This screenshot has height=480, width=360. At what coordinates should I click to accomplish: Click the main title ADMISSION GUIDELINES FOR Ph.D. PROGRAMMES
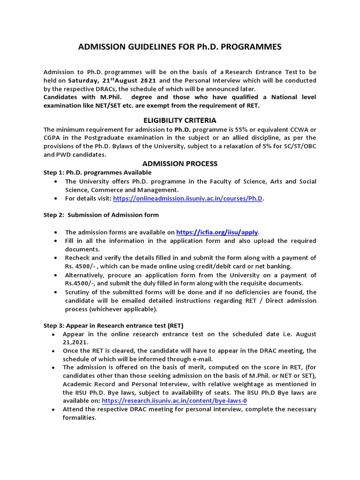pos(180,47)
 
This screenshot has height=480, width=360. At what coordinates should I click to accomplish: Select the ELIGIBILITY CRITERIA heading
pos(180,120)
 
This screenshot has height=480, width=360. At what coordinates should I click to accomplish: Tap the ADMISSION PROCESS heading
pos(180,164)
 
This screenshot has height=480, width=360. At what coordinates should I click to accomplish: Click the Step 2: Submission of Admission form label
pos(101,215)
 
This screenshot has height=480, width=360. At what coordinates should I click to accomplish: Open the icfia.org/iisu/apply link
pos(217,232)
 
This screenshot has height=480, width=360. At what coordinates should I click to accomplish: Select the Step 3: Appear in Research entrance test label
pos(113,325)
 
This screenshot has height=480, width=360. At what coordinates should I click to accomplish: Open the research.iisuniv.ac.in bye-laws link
pos(174,401)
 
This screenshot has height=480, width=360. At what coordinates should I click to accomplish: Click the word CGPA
pos(52,138)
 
